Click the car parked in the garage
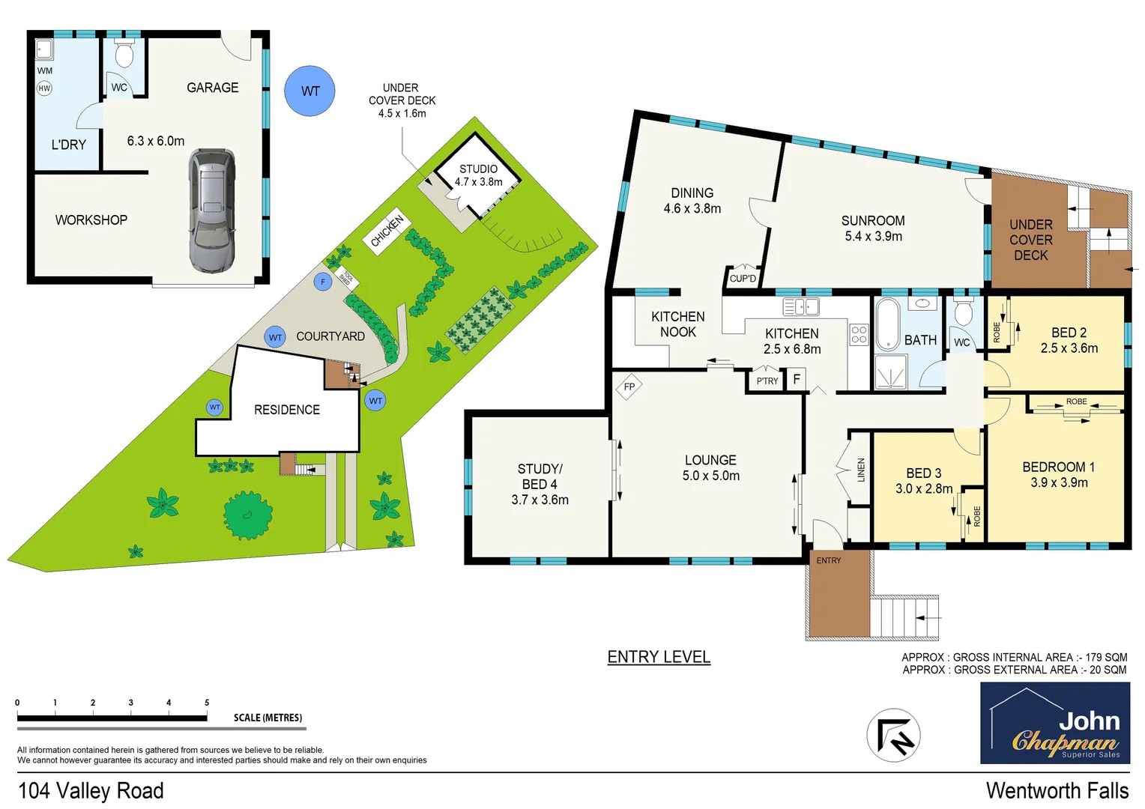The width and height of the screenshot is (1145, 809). [x=212, y=210]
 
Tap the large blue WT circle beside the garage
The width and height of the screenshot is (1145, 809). [x=309, y=91]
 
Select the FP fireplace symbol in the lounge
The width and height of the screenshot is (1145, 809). [x=629, y=387]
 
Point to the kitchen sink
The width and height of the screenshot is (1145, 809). [x=800, y=306]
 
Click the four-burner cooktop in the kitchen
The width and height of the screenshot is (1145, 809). [x=859, y=334]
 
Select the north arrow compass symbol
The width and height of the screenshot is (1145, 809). [x=893, y=735]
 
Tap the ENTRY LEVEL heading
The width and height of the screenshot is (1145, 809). [x=658, y=657]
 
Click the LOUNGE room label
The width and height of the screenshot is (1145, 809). [x=710, y=460]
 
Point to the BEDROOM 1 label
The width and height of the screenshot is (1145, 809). [x=1058, y=467]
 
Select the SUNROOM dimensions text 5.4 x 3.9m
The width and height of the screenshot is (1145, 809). [x=873, y=237]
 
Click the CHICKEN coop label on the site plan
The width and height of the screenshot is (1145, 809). [x=387, y=231]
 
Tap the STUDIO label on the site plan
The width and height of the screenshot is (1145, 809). [x=478, y=169]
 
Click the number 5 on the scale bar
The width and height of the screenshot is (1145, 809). [x=207, y=703]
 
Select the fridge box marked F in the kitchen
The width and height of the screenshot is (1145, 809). [x=796, y=379]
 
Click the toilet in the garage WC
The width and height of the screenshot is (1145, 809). [x=124, y=54]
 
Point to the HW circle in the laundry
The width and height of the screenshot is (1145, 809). [x=44, y=88]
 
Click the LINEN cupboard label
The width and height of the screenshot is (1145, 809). [x=861, y=470]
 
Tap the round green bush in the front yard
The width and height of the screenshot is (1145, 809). [x=247, y=515]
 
